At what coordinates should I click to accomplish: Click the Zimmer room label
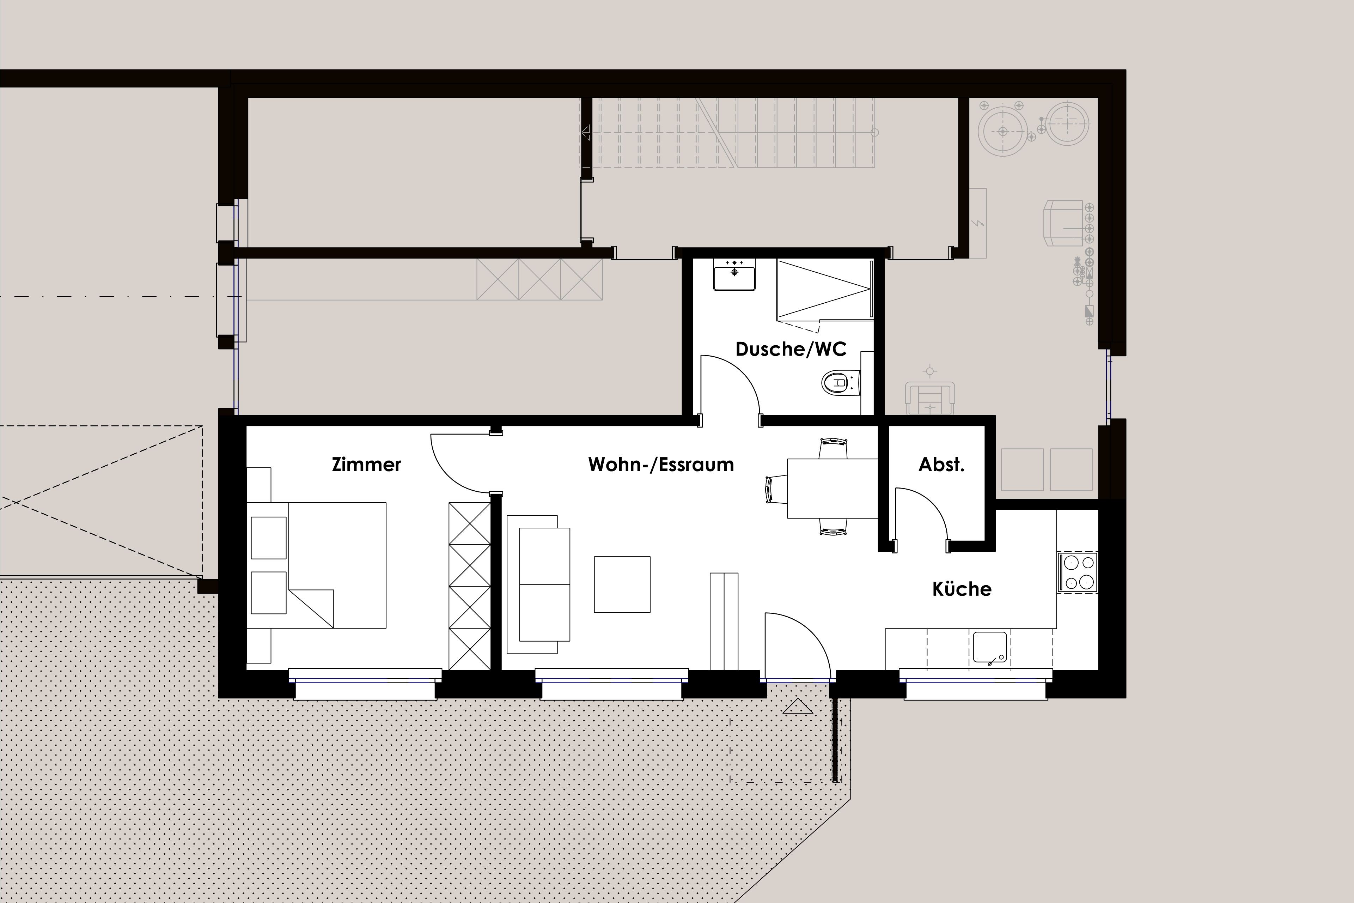pos(366,465)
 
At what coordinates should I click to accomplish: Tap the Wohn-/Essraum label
pos(661,465)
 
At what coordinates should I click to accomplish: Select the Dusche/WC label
pos(791,349)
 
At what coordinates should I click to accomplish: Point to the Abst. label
pos(941,465)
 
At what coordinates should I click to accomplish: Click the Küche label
pos(962,589)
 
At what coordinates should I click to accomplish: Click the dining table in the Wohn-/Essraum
pos(832,488)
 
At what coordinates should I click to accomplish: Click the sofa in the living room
pos(538,584)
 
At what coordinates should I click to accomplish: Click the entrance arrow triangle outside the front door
pos(798,706)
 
